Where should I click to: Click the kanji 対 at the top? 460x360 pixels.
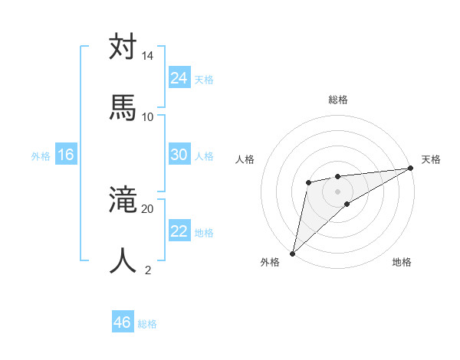click(x=123, y=47)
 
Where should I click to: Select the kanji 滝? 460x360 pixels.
click(x=123, y=201)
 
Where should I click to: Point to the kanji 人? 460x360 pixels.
click(x=123, y=260)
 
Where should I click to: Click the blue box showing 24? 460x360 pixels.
click(x=179, y=77)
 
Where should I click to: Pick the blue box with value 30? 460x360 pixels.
click(x=179, y=155)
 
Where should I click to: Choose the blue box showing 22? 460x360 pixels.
click(x=179, y=231)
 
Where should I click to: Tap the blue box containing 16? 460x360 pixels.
click(x=66, y=155)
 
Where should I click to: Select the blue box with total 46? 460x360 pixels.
click(x=123, y=322)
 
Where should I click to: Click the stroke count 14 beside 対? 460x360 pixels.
click(x=147, y=57)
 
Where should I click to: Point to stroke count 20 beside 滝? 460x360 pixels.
click(x=147, y=208)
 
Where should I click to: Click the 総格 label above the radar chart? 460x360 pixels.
click(x=338, y=100)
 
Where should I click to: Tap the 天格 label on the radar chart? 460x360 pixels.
click(x=431, y=159)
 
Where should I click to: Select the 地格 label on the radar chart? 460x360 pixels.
click(x=402, y=263)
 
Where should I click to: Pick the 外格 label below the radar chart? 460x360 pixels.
click(x=270, y=263)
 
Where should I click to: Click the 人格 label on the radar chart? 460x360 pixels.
click(x=245, y=159)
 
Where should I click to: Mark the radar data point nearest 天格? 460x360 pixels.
click(x=411, y=168)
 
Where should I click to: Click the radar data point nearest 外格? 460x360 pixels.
click(x=292, y=253)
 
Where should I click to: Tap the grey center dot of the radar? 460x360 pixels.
click(x=338, y=190)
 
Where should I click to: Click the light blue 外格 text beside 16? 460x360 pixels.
click(x=41, y=156)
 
